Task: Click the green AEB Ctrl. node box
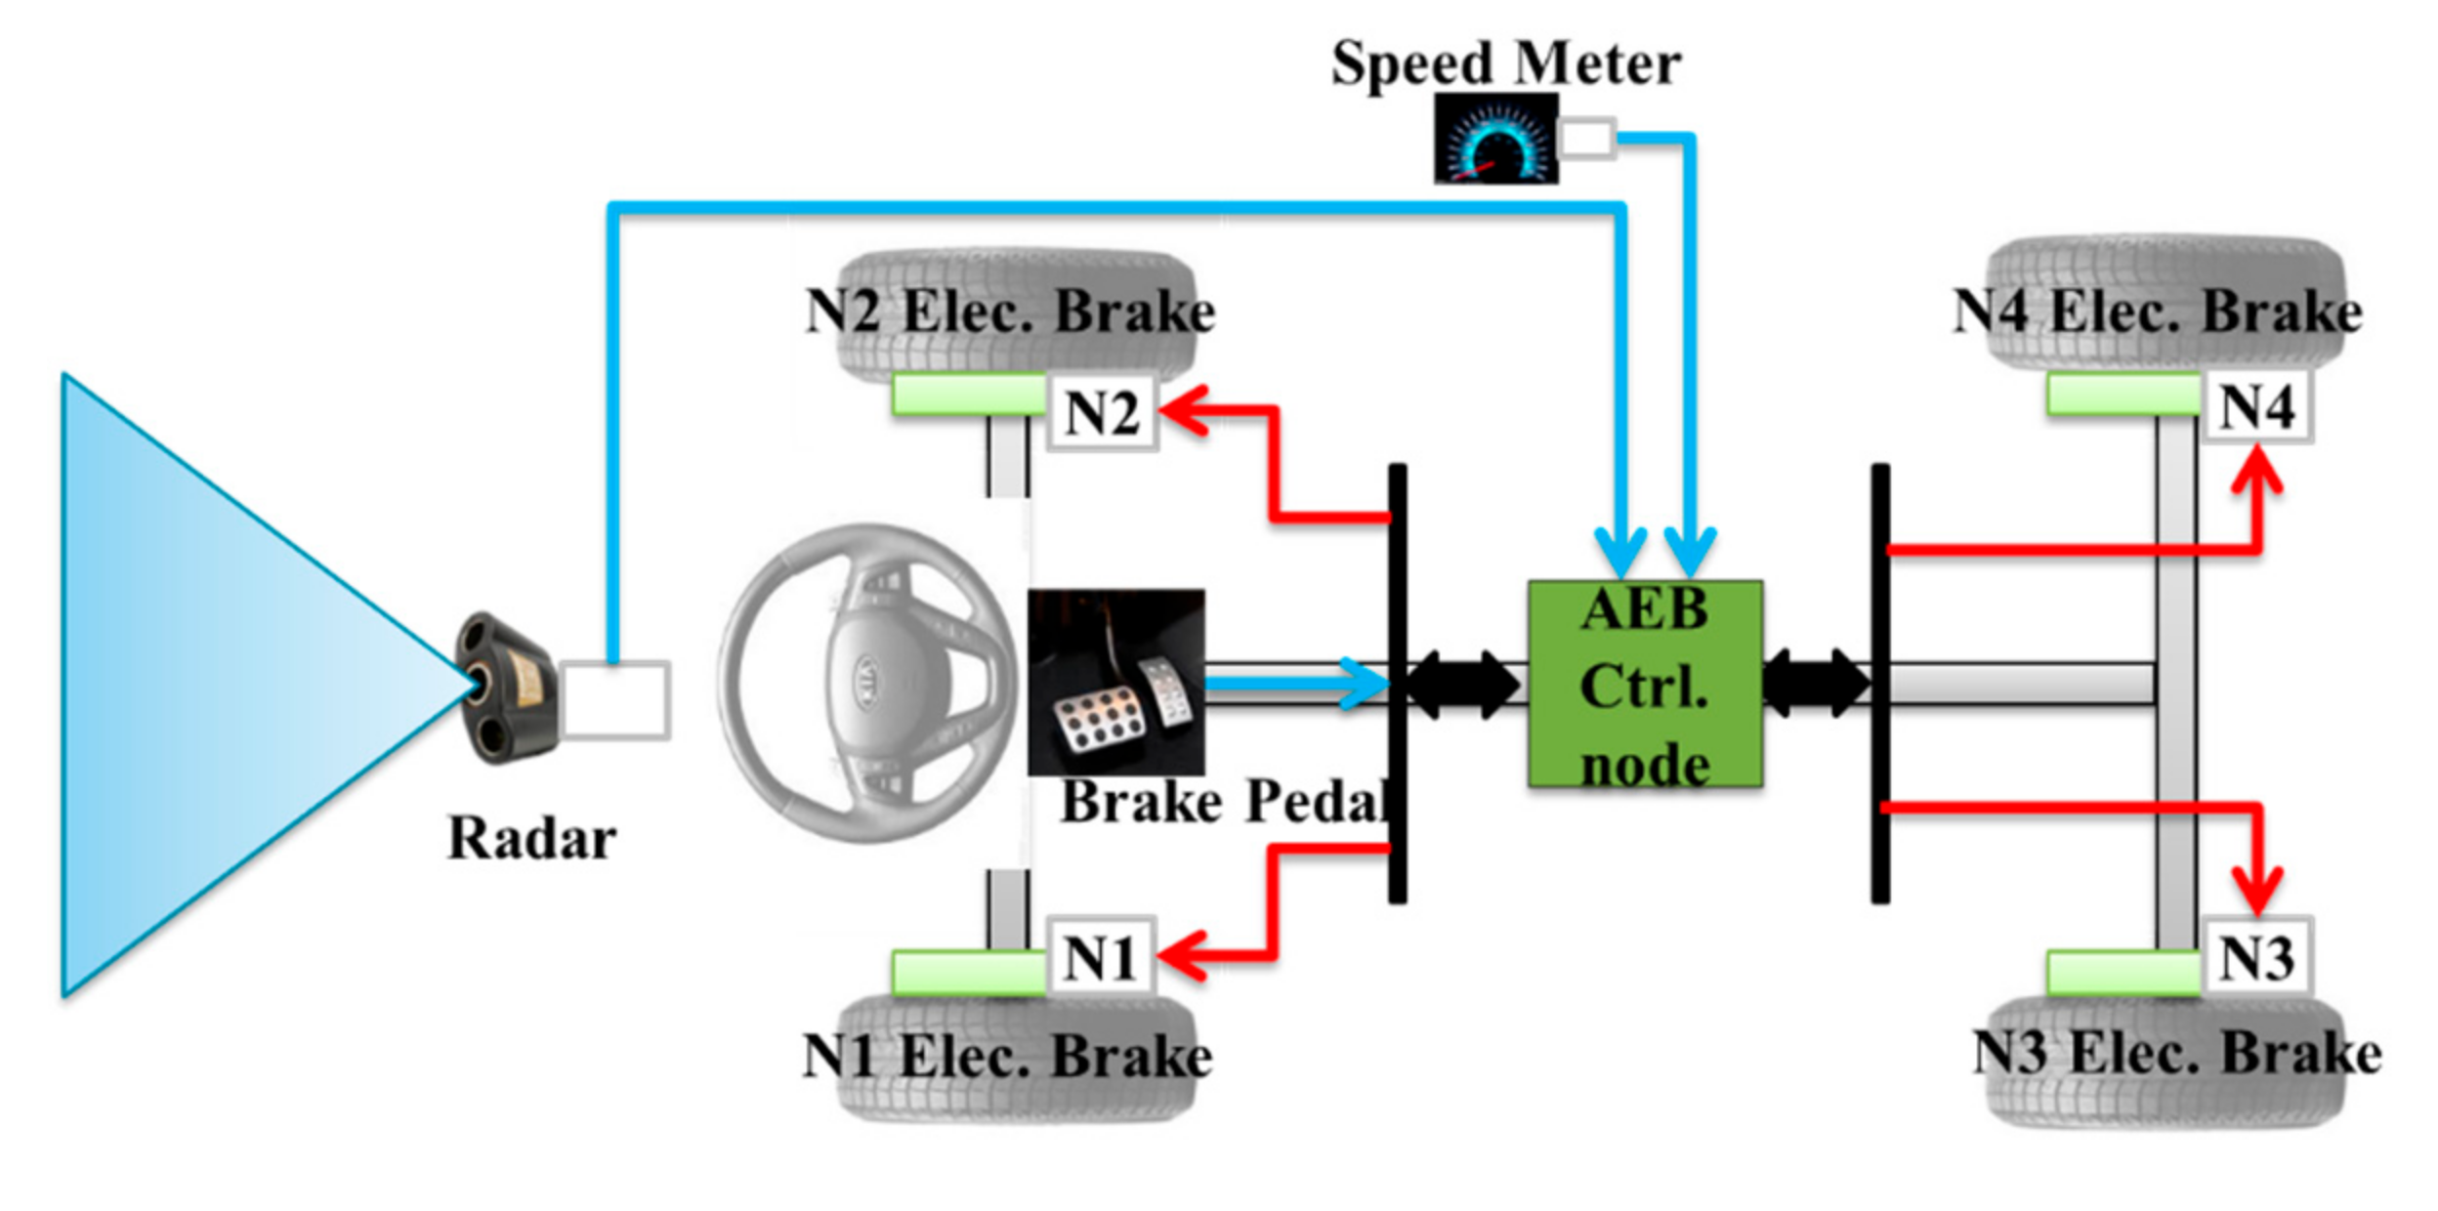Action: coord(1645,684)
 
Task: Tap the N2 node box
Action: coord(1102,412)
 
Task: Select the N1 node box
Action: coord(1100,957)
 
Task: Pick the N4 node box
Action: coord(2257,406)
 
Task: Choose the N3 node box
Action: coord(2257,957)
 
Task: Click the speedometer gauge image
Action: coord(1495,139)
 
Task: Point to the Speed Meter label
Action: coord(1505,64)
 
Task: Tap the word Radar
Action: coord(531,838)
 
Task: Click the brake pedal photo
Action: coord(1115,682)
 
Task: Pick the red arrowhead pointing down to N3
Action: coord(2257,891)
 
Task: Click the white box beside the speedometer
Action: coord(1586,138)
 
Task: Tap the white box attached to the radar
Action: coord(615,699)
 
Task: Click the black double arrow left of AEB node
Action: coord(1462,685)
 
